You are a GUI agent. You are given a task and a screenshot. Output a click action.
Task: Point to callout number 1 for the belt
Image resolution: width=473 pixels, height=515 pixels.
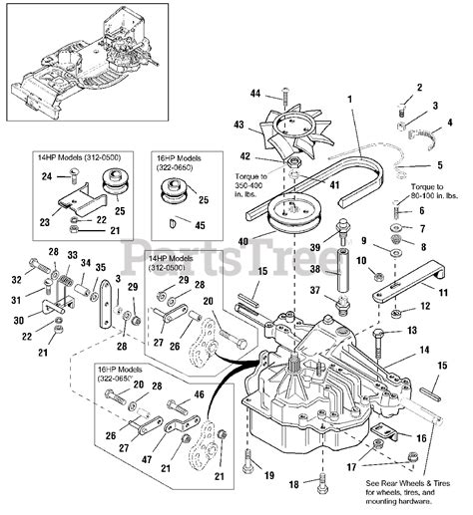coord(351,99)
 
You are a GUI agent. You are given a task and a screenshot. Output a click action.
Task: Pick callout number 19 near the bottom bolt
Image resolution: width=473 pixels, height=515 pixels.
coord(267,475)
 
